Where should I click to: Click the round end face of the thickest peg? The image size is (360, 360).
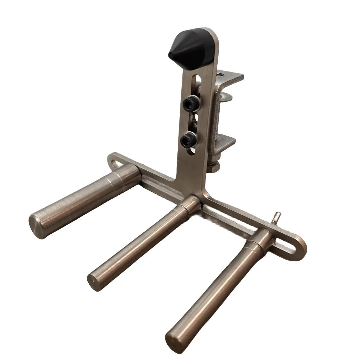37,226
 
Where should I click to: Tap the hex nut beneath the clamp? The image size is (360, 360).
213,166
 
